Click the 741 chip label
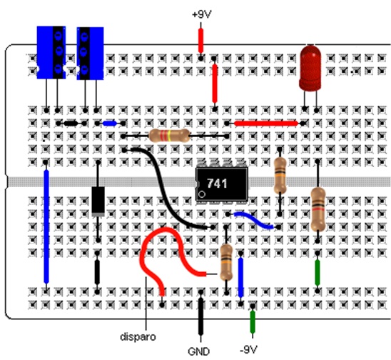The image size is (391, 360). pos(217,184)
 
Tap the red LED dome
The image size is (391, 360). pos(310,68)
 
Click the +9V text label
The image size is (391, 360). pos(202,14)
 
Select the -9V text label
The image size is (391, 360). pos(248,349)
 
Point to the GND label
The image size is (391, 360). pos(199,351)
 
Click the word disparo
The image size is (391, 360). pos(138,336)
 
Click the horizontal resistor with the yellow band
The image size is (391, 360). pos(169,136)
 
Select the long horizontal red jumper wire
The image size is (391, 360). pos(266,124)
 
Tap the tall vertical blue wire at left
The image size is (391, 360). pos(46,226)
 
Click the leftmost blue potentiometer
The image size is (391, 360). pos(51,52)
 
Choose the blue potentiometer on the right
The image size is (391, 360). pos(91,54)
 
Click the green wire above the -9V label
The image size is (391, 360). pos(253,322)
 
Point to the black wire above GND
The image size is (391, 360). pos(200,316)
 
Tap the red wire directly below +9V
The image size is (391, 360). pos(200,41)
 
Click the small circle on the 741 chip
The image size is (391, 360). pos(202,194)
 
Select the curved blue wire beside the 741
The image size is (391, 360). pos(253,220)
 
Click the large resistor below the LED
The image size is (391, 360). pos(318,209)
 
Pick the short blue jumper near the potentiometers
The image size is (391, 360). pos(110,124)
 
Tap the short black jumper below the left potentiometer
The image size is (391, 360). pos(71,124)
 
